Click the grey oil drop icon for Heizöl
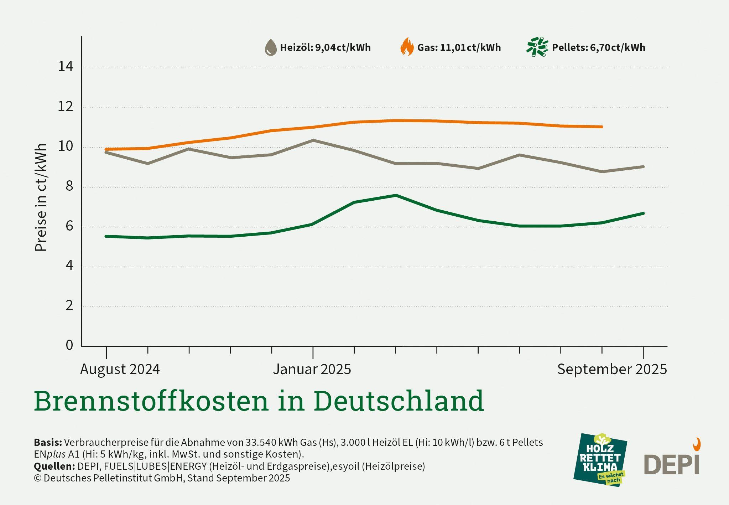271,47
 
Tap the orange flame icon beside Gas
407,47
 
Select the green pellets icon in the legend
537,47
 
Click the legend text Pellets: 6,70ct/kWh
598,47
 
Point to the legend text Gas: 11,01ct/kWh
459,47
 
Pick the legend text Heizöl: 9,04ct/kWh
325,47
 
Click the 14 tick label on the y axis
66,67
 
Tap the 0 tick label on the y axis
69,345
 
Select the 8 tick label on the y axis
69,186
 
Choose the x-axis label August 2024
120,369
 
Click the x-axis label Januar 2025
312,369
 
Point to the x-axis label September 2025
611,369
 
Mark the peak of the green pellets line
396,195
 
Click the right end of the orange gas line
602,127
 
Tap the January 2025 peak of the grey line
313,140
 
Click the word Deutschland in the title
399,401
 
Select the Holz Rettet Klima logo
600,460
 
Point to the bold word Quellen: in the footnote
54,466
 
